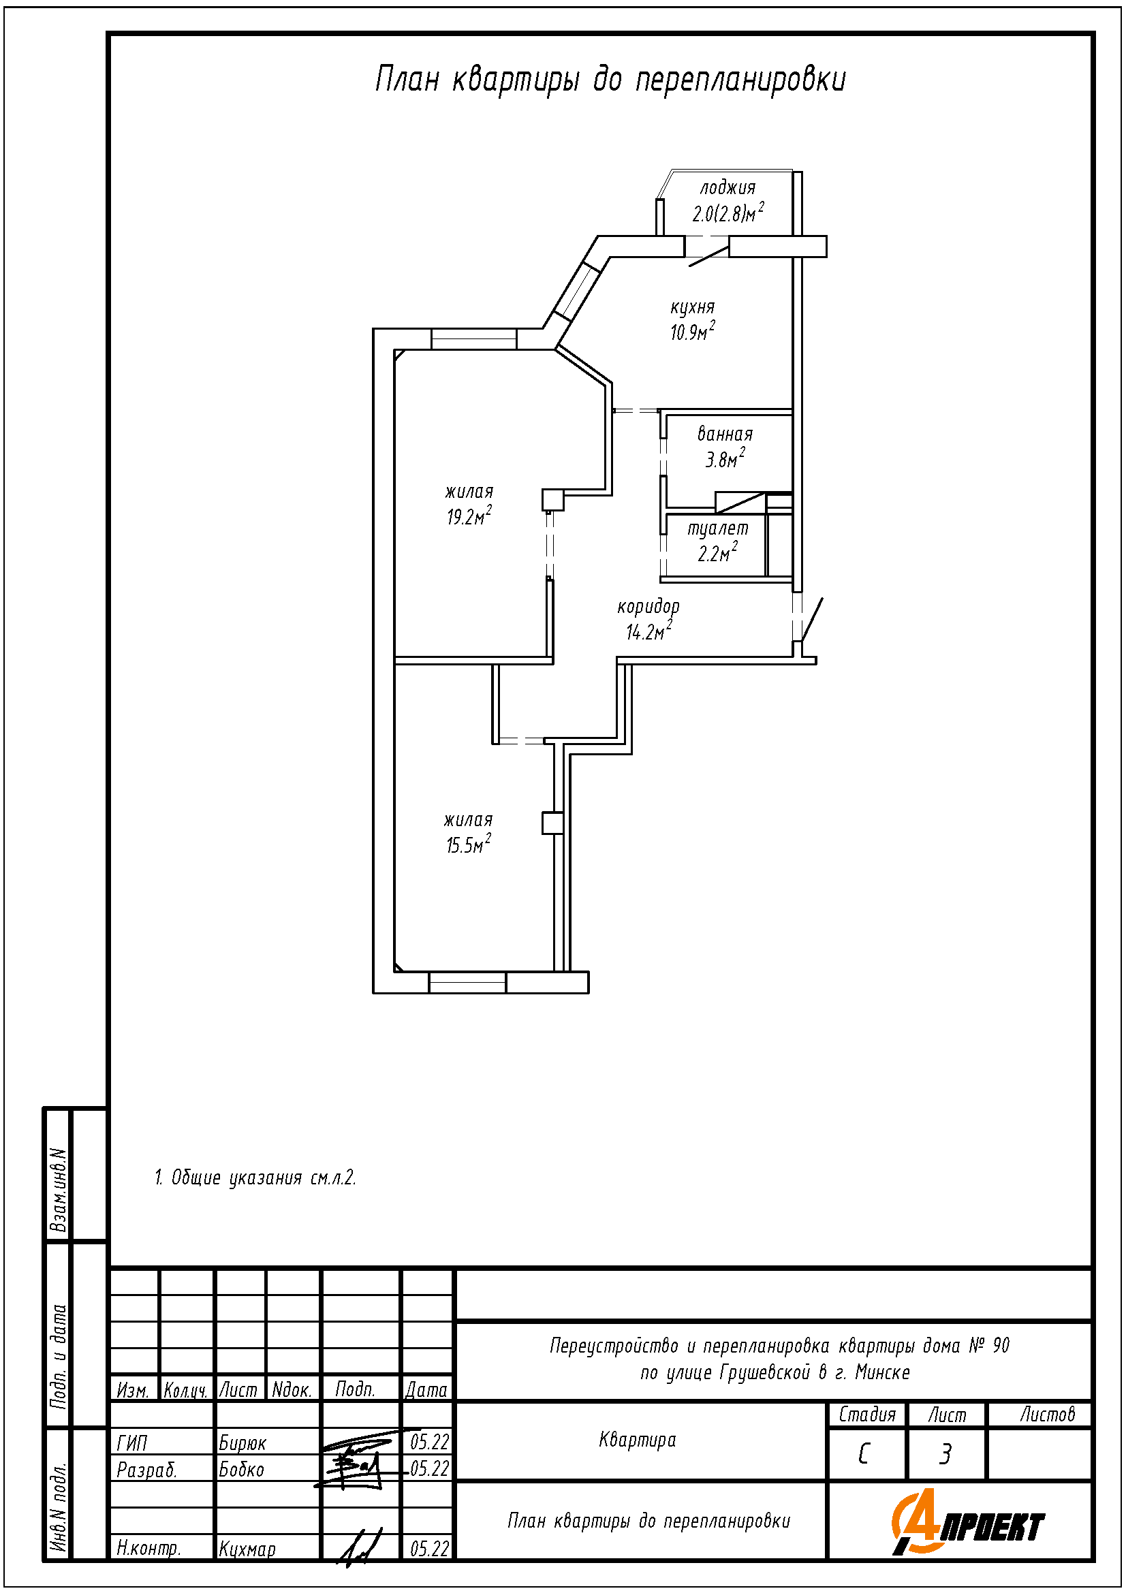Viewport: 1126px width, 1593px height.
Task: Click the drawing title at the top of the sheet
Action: pyautogui.click(x=610, y=80)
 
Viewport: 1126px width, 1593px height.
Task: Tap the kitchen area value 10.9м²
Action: pyautogui.click(x=692, y=332)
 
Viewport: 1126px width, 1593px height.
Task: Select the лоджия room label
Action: pyautogui.click(x=727, y=187)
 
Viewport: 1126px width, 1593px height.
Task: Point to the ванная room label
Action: pyautogui.click(x=725, y=435)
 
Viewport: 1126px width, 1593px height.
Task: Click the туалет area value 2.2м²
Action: pyautogui.click(x=717, y=553)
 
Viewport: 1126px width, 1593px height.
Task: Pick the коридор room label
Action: pyautogui.click(x=648, y=607)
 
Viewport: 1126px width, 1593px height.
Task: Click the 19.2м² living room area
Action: pyautogui.click(x=469, y=516)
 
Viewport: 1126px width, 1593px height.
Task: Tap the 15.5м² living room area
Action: pyautogui.click(x=468, y=845)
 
